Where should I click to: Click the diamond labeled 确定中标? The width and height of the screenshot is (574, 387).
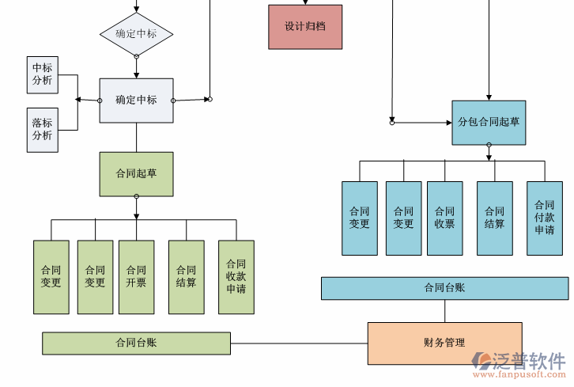click(136, 34)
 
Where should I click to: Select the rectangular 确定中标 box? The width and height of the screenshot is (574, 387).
click(136, 101)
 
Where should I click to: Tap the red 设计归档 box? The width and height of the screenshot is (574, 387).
click(305, 27)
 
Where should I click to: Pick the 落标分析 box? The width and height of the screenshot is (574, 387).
click(42, 129)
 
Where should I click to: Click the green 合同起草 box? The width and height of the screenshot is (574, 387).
click(136, 174)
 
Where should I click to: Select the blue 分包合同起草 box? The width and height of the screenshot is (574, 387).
click(489, 122)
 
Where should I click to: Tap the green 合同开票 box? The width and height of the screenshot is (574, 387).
click(136, 277)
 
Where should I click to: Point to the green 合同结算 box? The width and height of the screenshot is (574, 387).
click(186, 277)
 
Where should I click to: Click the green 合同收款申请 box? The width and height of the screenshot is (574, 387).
click(236, 277)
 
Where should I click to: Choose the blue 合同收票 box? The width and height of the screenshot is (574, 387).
click(444, 218)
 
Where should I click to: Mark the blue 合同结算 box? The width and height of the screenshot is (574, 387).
click(494, 218)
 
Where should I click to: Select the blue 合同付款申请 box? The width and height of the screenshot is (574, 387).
click(544, 218)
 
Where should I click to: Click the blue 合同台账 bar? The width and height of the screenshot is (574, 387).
click(444, 288)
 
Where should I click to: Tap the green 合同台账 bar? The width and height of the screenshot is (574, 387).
click(136, 343)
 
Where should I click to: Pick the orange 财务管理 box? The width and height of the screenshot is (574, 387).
click(444, 343)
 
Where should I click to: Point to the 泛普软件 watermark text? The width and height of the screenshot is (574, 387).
click(531, 361)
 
